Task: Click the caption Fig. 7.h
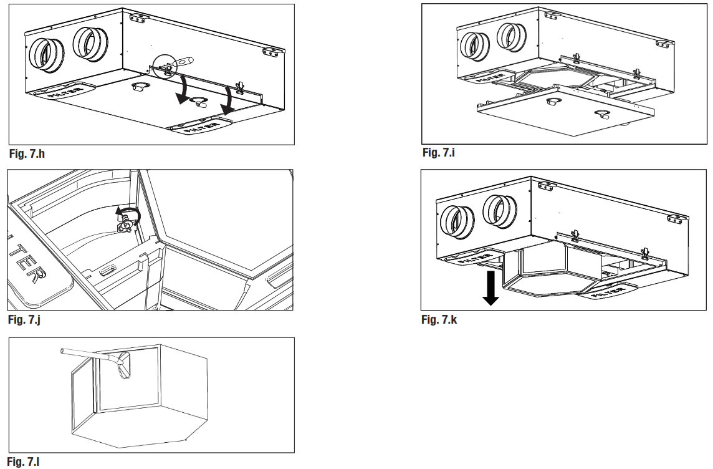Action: point(27,153)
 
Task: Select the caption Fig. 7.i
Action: point(439,152)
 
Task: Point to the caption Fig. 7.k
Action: point(439,320)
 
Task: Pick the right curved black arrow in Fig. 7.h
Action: point(229,100)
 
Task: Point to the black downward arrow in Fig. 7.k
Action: point(491,288)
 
